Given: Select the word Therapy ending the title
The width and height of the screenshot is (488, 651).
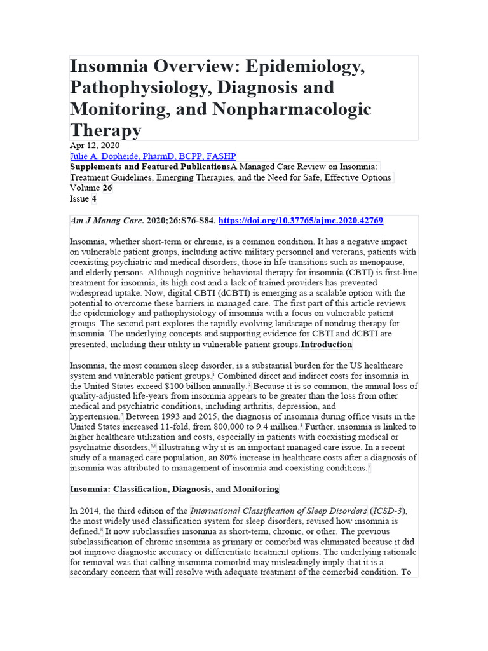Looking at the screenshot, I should point(105,130).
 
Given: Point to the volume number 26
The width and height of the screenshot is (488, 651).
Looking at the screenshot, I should point(108,188).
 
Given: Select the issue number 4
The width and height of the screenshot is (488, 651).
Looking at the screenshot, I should point(93,198).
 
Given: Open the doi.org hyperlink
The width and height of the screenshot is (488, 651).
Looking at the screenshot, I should point(301,221).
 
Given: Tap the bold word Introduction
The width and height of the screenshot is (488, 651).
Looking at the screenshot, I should point(326,345).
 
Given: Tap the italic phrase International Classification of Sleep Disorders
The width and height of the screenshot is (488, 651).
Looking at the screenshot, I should point(279,511).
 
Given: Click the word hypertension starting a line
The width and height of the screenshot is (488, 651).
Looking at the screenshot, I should point(94,416).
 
